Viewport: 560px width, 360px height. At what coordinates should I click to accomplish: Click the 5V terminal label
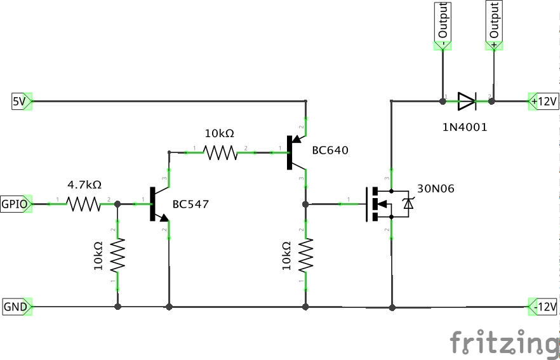pyautogui.click(x=19, y=101)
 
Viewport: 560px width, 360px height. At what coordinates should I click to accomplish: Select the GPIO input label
pyautogui.click(x=14, y=204)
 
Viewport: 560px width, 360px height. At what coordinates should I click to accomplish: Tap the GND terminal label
pyautogui.click(x=15, y=307)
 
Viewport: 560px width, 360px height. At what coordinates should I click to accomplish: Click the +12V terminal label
pyautogui.click(x=543, y=101)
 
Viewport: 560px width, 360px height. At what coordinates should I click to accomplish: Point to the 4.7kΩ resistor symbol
pyautogui.click(x=84, y=204)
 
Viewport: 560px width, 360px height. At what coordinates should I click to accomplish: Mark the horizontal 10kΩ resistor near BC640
pyautogui.click(x=219, y=152)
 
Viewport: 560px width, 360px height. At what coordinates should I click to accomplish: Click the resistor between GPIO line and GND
pyautogui.click(x=117, y=255)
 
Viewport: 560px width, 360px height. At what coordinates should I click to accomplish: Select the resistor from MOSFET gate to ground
pyautogui.click(x=306, y=255)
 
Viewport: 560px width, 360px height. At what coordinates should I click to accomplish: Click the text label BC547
pyautogui.click(x=190, y=204)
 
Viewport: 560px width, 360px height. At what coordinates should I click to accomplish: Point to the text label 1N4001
pyautogui.click(x=465, y=127)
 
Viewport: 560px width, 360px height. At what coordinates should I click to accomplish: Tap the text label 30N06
pyautogui.click(x=436, y=189)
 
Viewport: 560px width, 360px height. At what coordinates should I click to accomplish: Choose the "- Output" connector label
pyautogui.click(x=443, y=22)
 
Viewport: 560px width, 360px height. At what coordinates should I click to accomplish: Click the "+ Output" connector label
pyautogui.click(x=494, y=22)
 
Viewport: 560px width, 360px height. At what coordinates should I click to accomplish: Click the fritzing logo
pyautogui.click(x=504, y=343)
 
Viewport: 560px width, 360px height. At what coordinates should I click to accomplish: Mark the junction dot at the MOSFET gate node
pyautogui.click(x=306, y=204)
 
